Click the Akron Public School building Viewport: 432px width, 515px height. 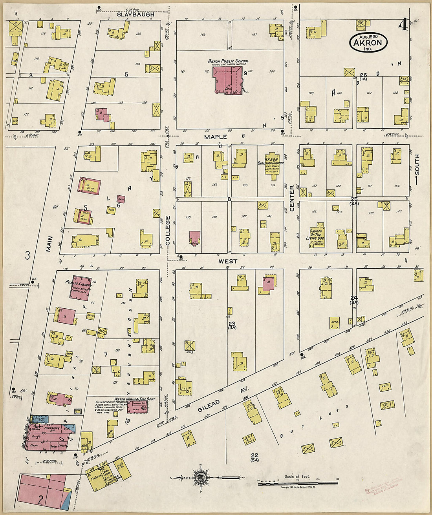pos(227,80)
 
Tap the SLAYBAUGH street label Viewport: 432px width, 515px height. pos(135,15)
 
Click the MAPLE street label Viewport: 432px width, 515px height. pos(215,137)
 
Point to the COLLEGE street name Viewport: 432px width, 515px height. pos(168,231)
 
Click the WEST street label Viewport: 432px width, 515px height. pos(228,261)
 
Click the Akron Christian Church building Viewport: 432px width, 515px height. pos(272,164)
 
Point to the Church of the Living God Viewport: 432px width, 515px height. pos(316,236)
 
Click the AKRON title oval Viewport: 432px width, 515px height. pos(368,43)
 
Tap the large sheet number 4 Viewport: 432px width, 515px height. pos(403,25)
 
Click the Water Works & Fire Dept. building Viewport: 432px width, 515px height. pos(137,406)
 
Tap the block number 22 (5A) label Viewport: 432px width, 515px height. pos(254,457)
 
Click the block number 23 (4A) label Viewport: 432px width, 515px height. pos(232,326)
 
